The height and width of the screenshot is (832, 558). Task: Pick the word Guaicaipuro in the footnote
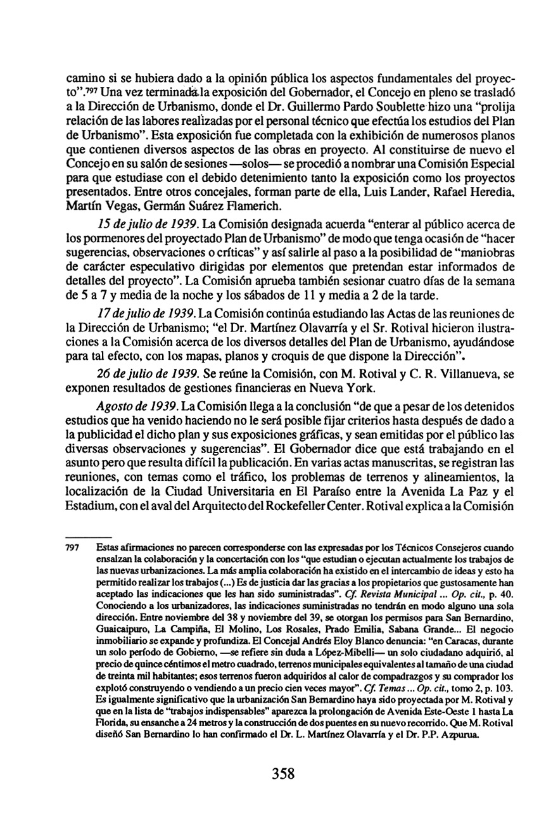(127, 621)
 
